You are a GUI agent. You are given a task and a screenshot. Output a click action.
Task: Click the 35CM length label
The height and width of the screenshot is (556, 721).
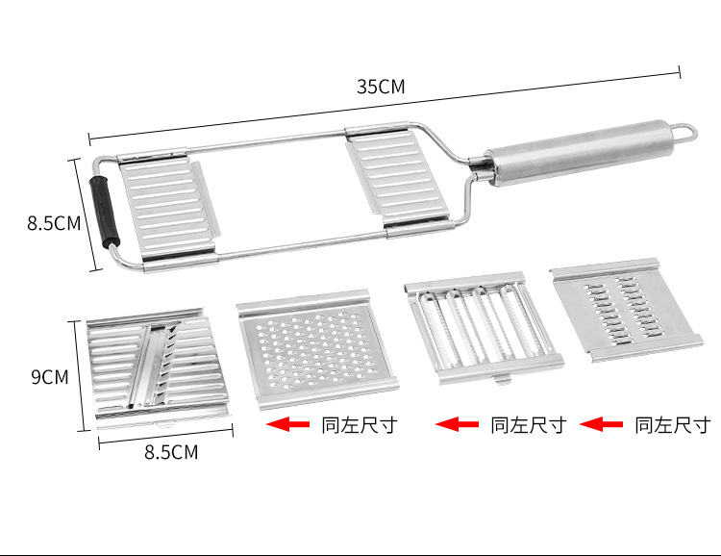pyautogui.click(x=382, y=87)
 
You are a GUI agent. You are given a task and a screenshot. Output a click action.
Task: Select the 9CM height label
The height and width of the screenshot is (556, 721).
pyautogui.click(x=49, y=377)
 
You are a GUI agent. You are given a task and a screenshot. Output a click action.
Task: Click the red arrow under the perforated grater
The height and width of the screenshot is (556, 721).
pyautogui.click(x=287, y=424)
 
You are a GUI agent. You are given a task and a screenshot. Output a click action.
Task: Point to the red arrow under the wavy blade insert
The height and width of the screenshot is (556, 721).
pyautogui.click(x=457, y=424)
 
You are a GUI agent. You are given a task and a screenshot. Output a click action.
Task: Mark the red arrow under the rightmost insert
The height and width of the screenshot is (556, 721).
pyautogui.click(x=603, y=424)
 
